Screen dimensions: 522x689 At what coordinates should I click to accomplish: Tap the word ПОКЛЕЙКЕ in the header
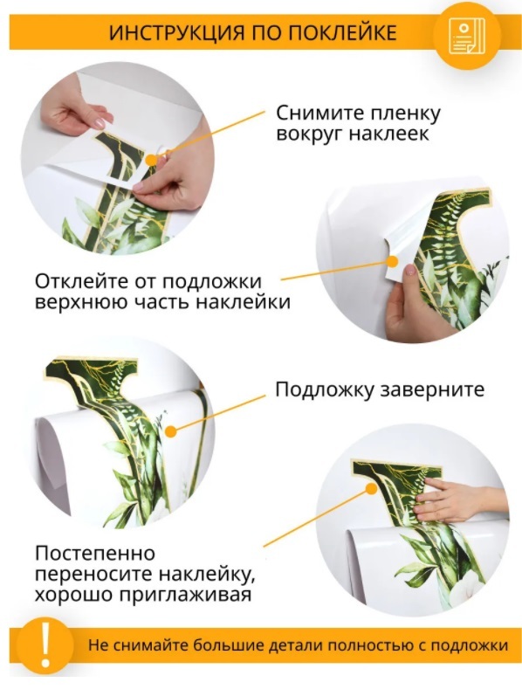pyautogui.click(x=343, y=33)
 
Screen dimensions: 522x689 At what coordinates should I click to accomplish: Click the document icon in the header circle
pyautogui.click(x=467, y=37)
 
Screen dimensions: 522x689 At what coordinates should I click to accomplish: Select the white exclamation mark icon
pyautogui.click(x=45, y=645)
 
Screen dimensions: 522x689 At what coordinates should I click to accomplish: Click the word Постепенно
pyautogui.click(x=95, y=553)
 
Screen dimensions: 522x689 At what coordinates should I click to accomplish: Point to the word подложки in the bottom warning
pyautogui.click(x=470, y=645)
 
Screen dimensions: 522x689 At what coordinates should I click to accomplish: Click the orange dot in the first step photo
pyautogui.click(x=152, y=161)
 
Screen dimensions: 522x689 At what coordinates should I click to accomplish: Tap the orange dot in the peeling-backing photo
pyautogui.click(x=392, y=261)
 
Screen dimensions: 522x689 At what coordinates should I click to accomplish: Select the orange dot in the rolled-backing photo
pyautogui.click(x=171, y=431)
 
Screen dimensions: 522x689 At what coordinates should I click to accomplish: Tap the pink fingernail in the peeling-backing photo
pyautogui.click(x=410, y=269)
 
